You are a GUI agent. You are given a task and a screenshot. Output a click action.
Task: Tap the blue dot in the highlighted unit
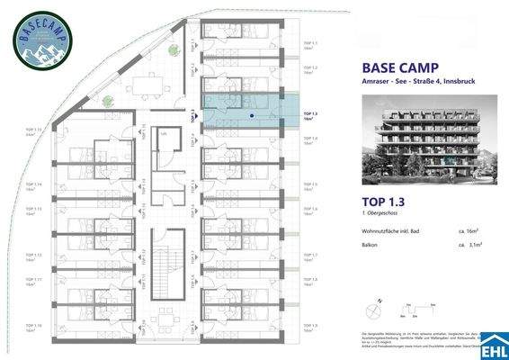[251, 115]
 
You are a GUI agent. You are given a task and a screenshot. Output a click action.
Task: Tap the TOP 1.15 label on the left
[33, 131]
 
